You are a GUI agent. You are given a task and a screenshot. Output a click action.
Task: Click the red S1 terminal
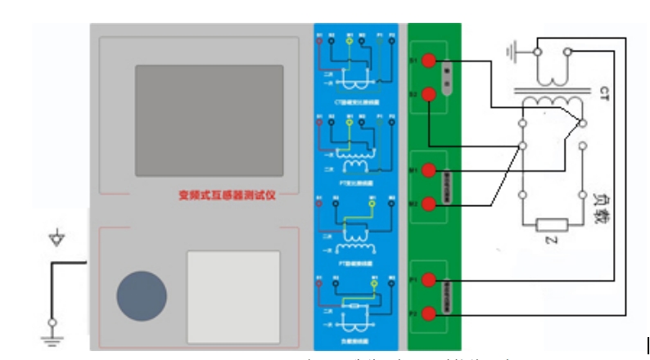[427, 61]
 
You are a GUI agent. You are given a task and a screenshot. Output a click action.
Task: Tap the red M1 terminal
[427, 171]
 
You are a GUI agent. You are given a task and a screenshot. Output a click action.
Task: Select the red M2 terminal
[427, 203]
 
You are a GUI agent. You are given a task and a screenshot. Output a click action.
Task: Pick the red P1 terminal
[427, 281]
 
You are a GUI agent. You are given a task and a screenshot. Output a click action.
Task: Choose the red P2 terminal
[427, 313]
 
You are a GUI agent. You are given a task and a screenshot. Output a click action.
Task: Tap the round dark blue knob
[141, 295]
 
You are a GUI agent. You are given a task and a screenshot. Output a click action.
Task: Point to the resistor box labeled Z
[552, 224]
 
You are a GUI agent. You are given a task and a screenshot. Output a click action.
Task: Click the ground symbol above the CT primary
[515, 52]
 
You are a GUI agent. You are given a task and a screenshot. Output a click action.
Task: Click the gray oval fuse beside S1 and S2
[447, 78]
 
